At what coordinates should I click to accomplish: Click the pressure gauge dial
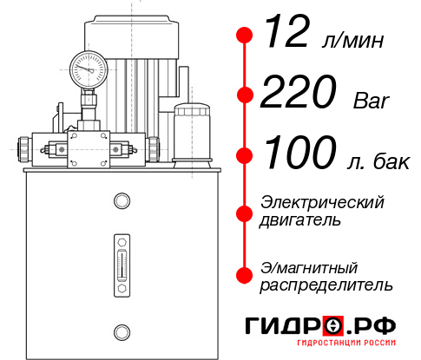pyautogui.click(x=88, y=68)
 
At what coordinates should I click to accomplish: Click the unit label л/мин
pyautogui.click(x=354, y=40)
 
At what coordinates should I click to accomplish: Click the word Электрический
pyautogui.click(x=322, y=202)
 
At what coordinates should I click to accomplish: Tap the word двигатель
pyautogui.click(x=300, y=220)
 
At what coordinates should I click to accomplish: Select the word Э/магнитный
pyautogui.click(x=310, y=266)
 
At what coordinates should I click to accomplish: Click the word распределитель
pyautogui.click(x=327, y=285)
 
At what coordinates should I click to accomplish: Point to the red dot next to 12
pyautogui.click(x=246, y=36)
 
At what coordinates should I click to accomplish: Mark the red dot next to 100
pyautogui.click(x=246, y=156)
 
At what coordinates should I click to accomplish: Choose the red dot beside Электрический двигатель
pyautogui.click(x=246, y=211)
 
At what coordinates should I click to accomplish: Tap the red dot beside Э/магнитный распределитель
pyautogui.click(x=246, y=275)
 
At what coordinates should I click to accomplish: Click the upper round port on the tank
pyautogui.click(x=121, y=201)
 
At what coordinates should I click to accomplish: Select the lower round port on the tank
pyautogui.click(x=121, y=331)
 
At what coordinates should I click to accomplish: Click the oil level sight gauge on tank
pyautogui.click(x=121, y=261)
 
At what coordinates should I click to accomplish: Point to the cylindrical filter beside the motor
pyautogui.click(x=190, y=130)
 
